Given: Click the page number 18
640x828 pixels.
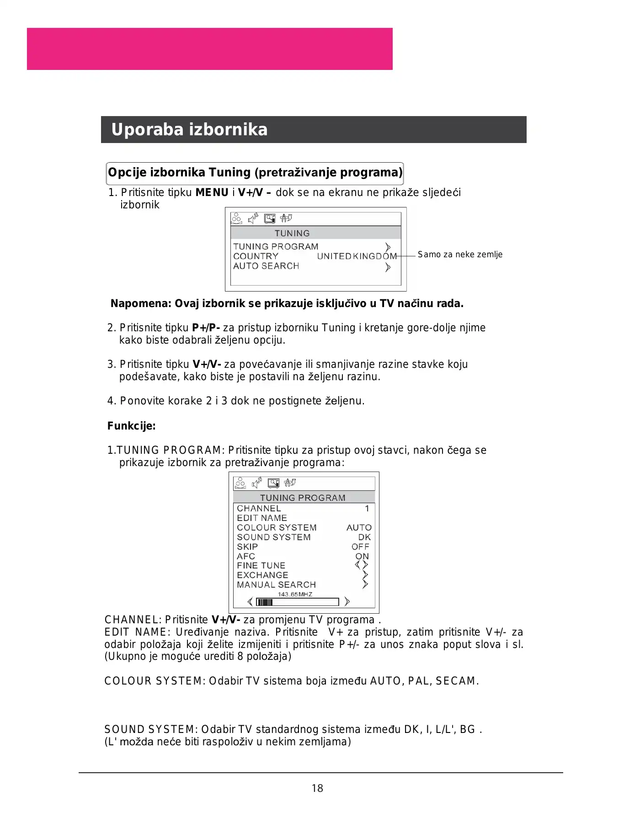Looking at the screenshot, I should (x=317, y=788).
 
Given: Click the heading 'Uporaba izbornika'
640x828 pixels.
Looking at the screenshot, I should (x=189, y=130).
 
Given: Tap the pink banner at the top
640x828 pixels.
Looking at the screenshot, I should (x=209, y=49).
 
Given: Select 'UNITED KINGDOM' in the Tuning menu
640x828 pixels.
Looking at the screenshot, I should (x=357, y=256).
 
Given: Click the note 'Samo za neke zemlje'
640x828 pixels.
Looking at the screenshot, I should (x=460, y=255).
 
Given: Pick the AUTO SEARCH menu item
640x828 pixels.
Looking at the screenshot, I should (x=266, y=266).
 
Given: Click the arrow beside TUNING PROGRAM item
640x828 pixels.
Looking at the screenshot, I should (x=388, y=247).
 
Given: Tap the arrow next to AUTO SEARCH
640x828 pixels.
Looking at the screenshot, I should (x=388, y=267).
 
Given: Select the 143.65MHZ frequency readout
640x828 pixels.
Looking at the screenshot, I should (x=295, y=594).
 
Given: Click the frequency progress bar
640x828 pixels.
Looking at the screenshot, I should (x=298, y=602).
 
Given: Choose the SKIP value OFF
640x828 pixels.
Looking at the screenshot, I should (x=360, y=547).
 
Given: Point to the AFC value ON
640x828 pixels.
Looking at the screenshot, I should (x=362, y=557).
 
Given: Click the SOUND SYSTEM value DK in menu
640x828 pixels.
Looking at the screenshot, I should (x=364, y=537).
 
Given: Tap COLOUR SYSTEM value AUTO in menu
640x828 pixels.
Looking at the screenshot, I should (x=359, y=528).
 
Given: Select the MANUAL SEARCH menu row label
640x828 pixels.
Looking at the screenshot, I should (x=276, y=585).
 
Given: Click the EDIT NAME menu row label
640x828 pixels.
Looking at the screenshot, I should (x=262, y=518).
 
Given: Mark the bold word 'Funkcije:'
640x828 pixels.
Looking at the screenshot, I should (x=132, y=426).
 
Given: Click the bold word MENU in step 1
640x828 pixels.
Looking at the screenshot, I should (x=212, y=193).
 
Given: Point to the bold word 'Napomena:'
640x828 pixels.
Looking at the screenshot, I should (x=141, y=304).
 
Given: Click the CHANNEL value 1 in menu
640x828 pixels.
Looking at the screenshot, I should (x=367, y=509).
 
